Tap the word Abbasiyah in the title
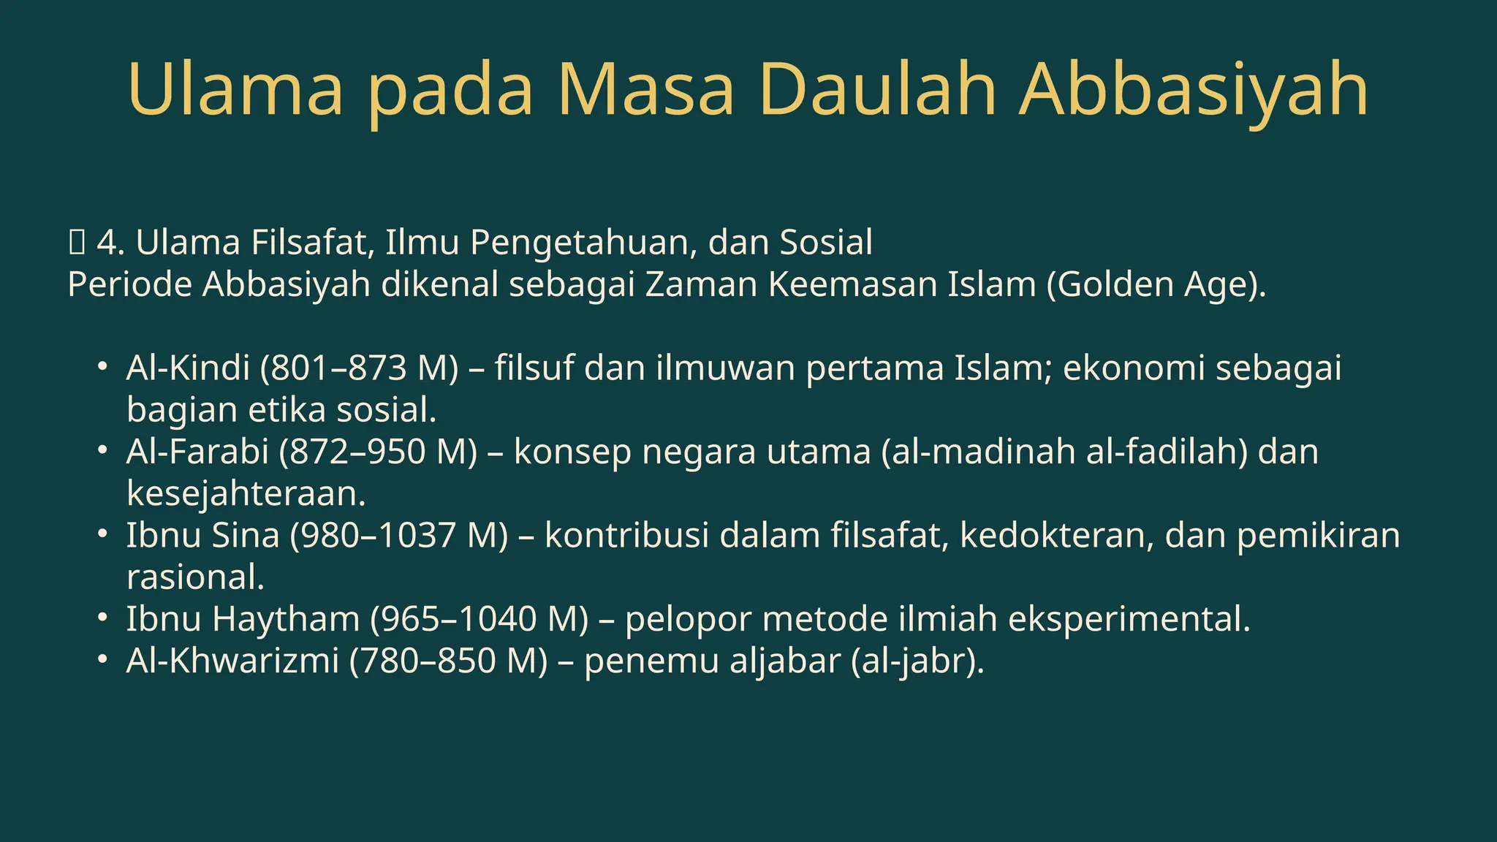pos(1193,89)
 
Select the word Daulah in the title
pos(877,89)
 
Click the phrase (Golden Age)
pos(1156,285)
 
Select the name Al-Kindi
pos(188,368)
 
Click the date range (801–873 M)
pos(360,368)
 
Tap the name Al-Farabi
pos(197,452)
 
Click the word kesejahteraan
pos(246,493)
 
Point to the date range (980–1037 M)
pos(399,536)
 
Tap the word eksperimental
pos(1129,619)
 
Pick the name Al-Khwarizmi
pos(232,661)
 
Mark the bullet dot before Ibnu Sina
pos(103,534)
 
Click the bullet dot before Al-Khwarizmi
pos(103,660)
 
